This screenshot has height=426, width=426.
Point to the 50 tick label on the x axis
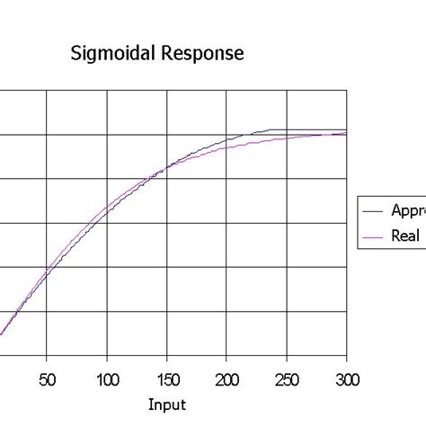point(48,378)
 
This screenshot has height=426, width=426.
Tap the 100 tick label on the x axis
point(107,378)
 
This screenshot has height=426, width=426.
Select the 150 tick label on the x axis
point(167,378)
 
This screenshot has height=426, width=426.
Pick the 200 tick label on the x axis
point(227,378)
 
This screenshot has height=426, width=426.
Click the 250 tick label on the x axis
point(287,378)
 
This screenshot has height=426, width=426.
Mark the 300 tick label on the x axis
point(346,378)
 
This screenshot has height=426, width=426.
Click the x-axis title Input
point(167,405)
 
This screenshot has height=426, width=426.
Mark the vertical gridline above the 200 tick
point(227,225)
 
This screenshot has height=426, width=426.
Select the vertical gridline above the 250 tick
point(288,225)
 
